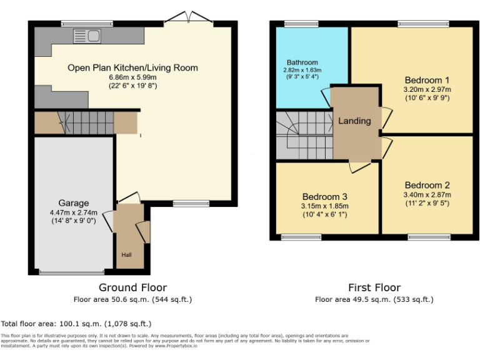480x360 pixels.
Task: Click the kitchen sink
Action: (86, 36)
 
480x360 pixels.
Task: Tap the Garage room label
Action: (74, 203)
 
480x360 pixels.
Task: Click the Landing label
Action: (354, 121)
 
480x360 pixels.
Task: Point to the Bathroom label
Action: (302, 62)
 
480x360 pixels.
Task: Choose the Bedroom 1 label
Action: (427, 80)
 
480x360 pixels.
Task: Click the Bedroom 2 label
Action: (427, 185)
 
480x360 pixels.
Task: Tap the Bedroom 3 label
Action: (324, 195)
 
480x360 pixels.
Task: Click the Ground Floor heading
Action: (132, 287)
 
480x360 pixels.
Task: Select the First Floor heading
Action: (374, 287)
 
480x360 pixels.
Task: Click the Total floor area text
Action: (76, 324)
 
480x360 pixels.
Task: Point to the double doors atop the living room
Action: (187, 19)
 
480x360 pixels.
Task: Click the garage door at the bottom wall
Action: (72, 272)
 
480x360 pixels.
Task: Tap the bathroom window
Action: (302, 24)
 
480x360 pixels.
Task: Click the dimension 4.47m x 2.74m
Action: (74, 212)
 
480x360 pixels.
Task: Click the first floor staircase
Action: (304, 134)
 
